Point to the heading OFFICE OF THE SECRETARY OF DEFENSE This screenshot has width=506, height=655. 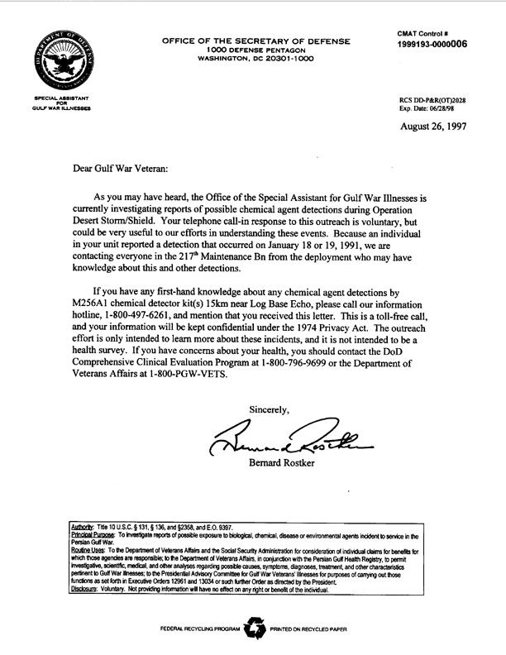pyautogui.click(x=255, y=41)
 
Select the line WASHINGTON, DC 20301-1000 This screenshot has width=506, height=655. pyautogui.click(x=255, y=59)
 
